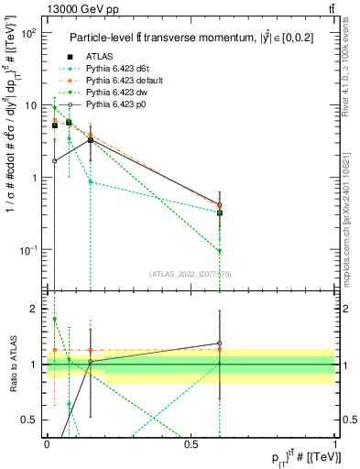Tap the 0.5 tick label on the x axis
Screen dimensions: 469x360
pos(191,444)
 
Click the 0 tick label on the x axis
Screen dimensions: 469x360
pos(48,444)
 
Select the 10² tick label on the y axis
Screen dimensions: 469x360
pos(29,33)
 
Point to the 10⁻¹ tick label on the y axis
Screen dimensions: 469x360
pos(28,250)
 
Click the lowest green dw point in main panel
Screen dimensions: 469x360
pos(220,251)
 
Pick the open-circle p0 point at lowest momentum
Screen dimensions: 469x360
pos(55,160)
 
